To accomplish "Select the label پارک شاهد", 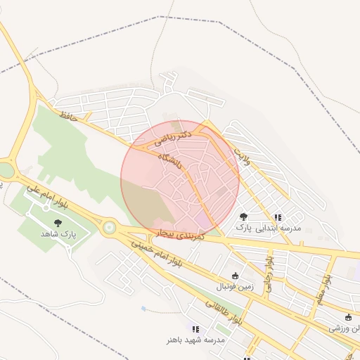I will point(58,233).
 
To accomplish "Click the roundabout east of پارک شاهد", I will point(109,227).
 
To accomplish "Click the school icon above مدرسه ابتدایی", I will point(278,218).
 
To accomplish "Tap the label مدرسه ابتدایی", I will point(281,228).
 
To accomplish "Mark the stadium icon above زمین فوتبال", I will point(235,276).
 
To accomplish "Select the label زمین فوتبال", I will point(233,286).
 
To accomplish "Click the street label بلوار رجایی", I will point(268,273).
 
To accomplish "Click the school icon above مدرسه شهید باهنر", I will point(195,329).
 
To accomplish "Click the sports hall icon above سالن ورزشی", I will point(349,318).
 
